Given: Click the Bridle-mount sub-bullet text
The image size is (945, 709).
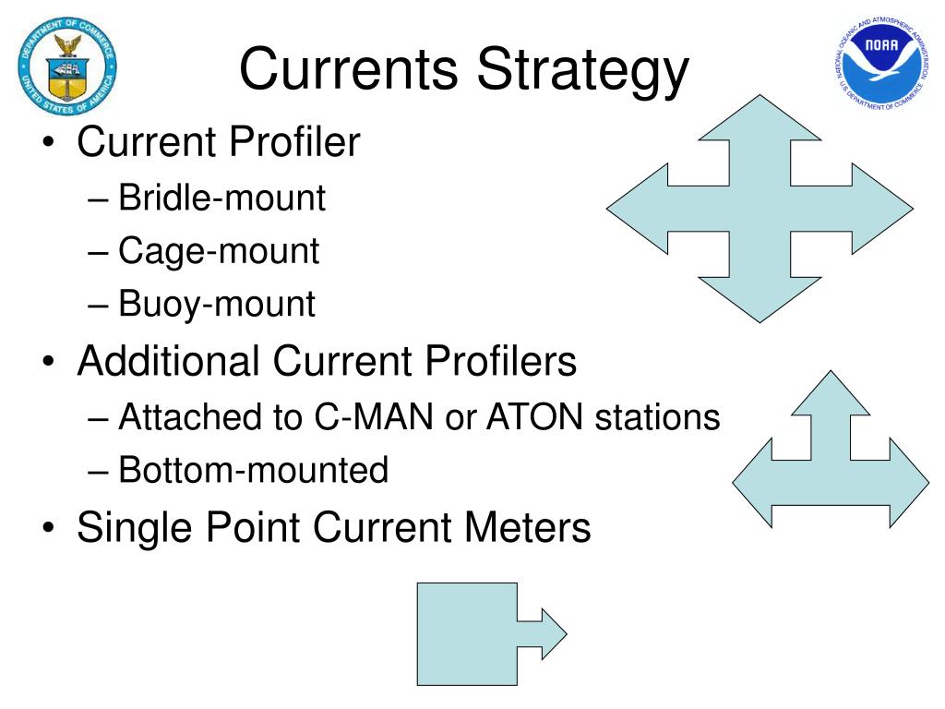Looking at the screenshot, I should pyautogui.click(x=222, y=198).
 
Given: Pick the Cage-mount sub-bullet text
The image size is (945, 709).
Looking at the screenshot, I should pyautogui.click(x=220, y=251).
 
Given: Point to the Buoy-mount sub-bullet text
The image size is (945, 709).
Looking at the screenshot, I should pyautogui.click(x=218, y=304).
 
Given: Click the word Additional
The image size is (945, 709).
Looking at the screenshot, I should pyautogui.click(x=168, y=361).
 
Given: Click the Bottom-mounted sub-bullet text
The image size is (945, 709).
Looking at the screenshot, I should pyautogui.click(x=254, y=471).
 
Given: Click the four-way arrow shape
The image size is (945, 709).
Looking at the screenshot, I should pyautogui.click(x=759, y=209).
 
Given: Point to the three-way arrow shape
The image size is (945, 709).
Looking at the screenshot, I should pyautogui.click(x=831, y=462).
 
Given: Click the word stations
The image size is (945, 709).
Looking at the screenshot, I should pyautogui.click(x=657, y=417).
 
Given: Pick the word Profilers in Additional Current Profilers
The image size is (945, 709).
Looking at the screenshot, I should pyautogui.click(x=501, y=361).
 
